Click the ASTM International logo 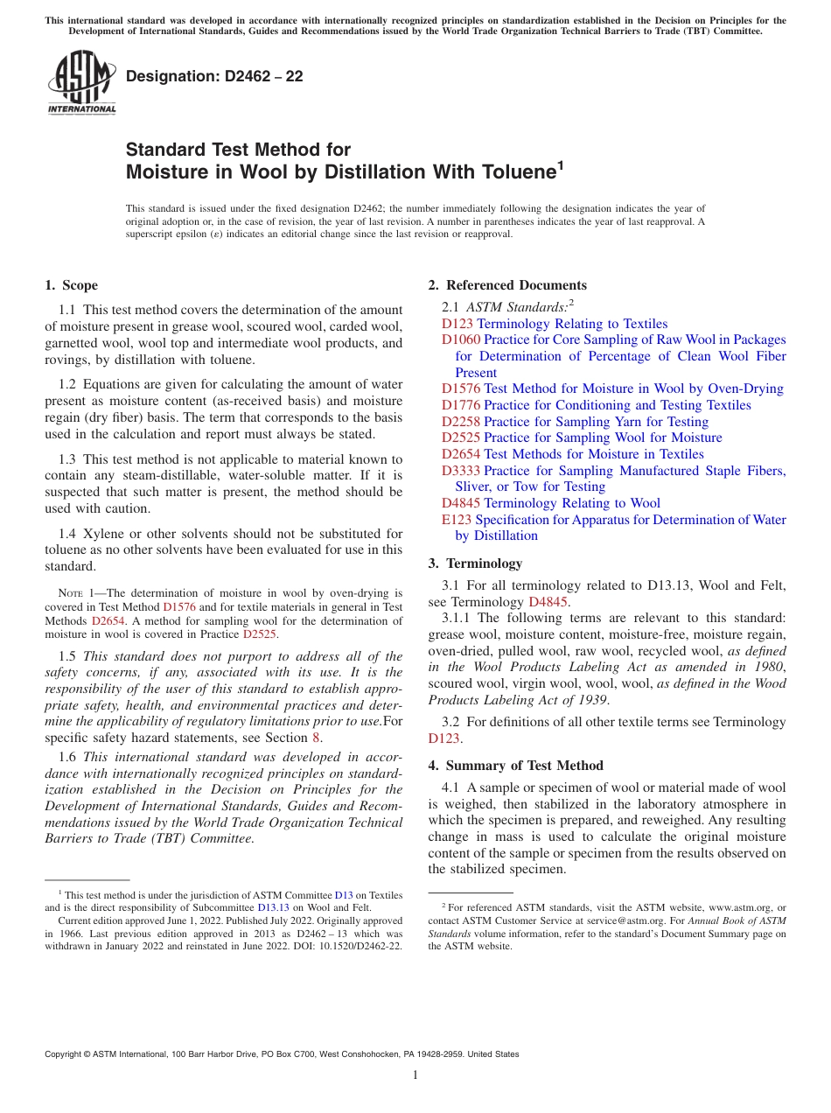click(81, 83)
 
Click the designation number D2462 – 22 click(214, 76)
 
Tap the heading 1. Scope click(71, 285)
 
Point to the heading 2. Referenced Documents click(507, 285)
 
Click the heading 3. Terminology click(475, 563)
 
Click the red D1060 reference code click(460, 339)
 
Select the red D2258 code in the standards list click(460, 422)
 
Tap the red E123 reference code click(457, 520)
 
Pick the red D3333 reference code click(460, 471)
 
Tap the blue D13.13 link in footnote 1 click(273, 907)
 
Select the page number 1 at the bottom click(415, 1075)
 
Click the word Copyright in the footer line click(63, 1054)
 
